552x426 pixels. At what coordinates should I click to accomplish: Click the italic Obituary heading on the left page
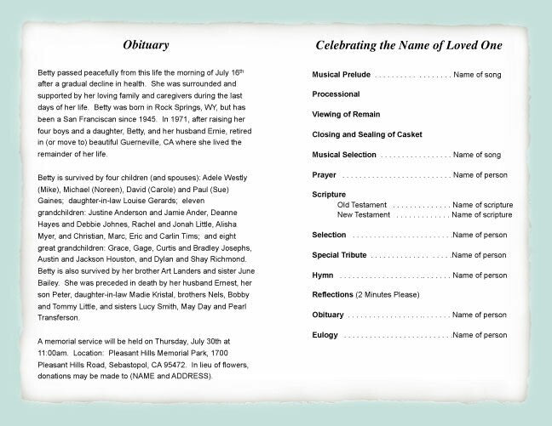146,44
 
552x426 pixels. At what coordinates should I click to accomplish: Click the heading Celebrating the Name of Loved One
408,44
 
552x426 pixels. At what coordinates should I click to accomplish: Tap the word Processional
336,94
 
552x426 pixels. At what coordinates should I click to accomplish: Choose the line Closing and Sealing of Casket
367,133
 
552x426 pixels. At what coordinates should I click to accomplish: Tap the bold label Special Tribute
341,254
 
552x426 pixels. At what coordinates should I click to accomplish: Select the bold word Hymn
322,275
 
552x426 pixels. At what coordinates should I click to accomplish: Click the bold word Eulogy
325,335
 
